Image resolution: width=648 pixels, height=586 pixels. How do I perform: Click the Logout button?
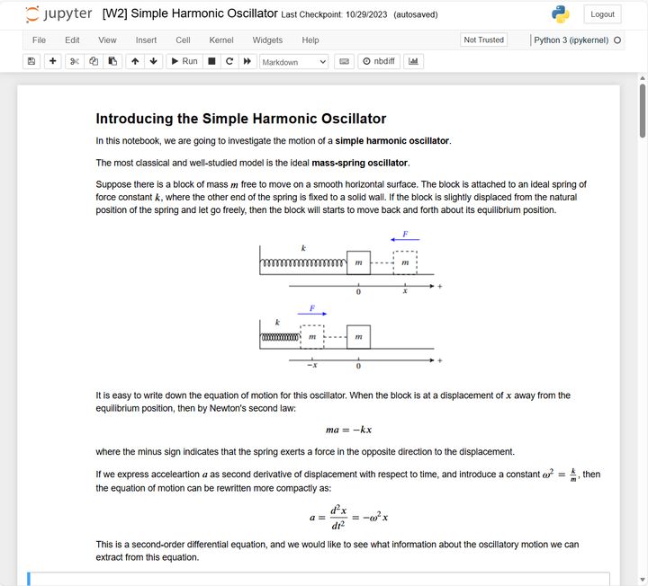[x=602, y=14]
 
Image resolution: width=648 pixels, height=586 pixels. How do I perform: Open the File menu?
[x=40, y=40]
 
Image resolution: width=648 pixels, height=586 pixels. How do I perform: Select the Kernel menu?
[x=221, y=40]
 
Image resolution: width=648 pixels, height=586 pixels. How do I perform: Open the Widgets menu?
[x=267, y=40]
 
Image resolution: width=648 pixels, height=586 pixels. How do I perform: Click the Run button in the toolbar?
[x=184, y=61]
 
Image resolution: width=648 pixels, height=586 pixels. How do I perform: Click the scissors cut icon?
[x=74, y=61]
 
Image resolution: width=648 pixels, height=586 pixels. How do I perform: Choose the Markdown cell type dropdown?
[x=294, y=62]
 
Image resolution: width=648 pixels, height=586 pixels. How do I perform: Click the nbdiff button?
[x=378, y=61]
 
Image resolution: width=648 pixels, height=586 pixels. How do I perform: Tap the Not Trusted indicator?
[x=483, y=40]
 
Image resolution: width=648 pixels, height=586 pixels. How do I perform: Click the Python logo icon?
[x=561, y=14]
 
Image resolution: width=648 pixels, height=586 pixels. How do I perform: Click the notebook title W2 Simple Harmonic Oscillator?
[x=190, y=14]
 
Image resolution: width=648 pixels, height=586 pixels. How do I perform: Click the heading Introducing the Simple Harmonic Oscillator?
[x=240, y=119]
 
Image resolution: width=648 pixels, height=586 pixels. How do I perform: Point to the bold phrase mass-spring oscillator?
[x=360, y=163]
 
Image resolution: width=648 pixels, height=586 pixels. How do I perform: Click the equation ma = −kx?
[x=349, y=430]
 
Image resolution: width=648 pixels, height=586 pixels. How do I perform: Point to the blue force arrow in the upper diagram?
[x=405, y=240]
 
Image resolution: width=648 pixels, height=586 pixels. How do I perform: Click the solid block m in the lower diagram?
[x=358, y=337]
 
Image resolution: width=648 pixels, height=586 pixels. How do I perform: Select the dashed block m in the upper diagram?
[x=405, y=262]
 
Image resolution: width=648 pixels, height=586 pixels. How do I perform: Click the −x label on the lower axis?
[x=311, y=365]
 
